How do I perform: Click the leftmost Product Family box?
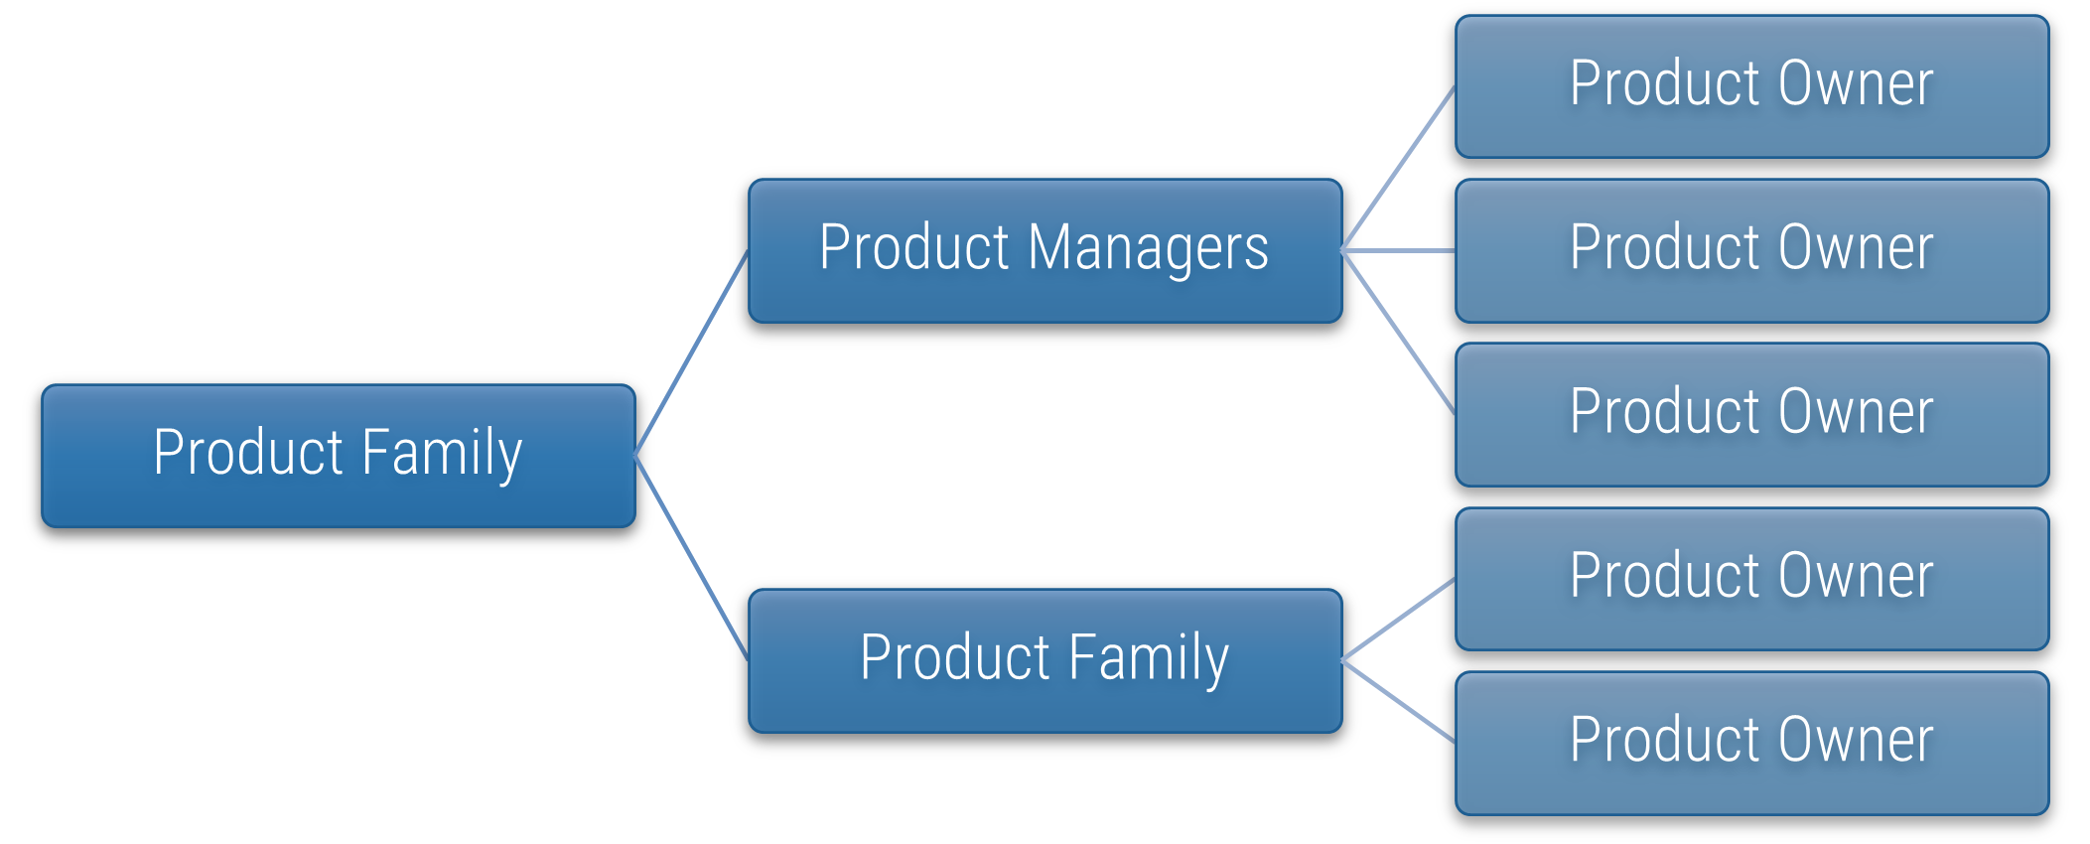point(338,456)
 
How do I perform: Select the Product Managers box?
point(1045,251)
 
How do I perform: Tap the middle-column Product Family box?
point(1045,661)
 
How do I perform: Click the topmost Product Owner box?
point(1751,86)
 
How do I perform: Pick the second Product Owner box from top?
point(1751,251)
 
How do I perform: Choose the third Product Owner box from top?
point(1751,415)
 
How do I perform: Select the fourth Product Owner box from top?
point(1751,579)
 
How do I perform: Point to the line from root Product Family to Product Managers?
point(691,353)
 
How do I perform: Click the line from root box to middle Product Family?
point(691,558)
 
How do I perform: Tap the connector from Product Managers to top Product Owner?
point(1398,169)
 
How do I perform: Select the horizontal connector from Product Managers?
point(1398,251)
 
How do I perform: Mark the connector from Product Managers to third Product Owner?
point(1398,333)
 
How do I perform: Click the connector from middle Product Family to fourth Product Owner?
point(1398,621)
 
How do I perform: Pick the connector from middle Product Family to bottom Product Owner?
point(1398,702)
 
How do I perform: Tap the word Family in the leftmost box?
point(442,454)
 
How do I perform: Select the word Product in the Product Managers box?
point(914,248)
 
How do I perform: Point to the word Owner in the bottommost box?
point(1855,741)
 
